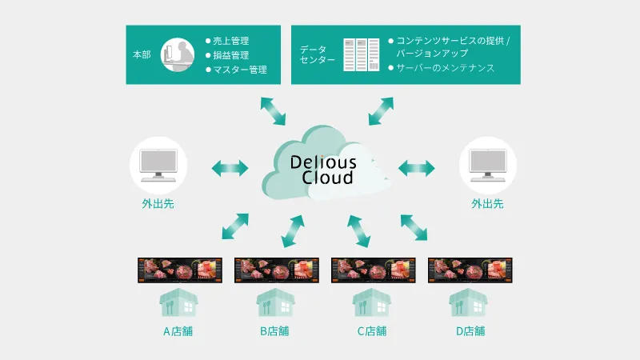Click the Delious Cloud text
coord(323,169)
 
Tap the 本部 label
coord(142,55)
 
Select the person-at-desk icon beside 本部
coord(178,54)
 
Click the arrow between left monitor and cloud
coord(230,168)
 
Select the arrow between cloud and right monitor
coord(416,168)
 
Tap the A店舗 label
coord(178,330)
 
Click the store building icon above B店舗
coord(274,302)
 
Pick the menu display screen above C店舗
coord(371,270)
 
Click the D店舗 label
coord(469,330)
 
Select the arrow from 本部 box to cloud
coord(273,110)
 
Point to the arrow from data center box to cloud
coord(381,110)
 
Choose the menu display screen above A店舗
coord(178,270)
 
